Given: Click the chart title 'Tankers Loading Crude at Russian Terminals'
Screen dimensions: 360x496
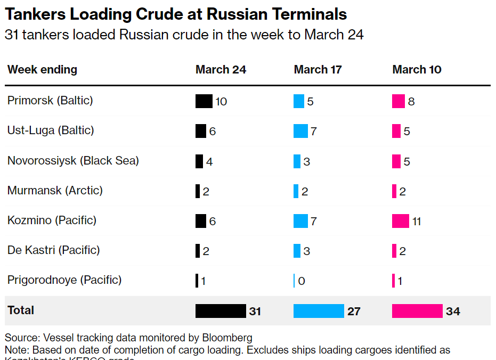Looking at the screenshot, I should pos(176,14).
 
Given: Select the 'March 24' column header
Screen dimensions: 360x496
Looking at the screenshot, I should pos(221,70).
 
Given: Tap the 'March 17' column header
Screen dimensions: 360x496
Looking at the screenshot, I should pos(318,70).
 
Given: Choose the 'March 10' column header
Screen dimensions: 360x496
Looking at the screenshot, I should pos(417,70).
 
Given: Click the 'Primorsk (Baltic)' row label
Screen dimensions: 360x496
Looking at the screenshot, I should pos(50,100).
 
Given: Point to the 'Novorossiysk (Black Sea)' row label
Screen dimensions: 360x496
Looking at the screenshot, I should pos(73,160).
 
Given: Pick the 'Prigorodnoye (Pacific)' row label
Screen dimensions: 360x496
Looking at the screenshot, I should pos(64,280).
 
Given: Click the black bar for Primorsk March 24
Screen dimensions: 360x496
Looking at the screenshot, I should pos(204,101).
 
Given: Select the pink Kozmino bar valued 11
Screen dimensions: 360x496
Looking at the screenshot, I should pos(400,220).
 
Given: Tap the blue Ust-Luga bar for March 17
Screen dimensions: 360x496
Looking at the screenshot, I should pos(300,131).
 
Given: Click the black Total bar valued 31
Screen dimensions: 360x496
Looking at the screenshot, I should pos(220,311).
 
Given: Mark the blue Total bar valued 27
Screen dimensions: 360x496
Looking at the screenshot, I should pos(319,311).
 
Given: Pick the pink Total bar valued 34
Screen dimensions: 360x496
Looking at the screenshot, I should pos(417,311).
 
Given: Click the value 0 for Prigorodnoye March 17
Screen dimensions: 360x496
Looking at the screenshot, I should pos(302,281).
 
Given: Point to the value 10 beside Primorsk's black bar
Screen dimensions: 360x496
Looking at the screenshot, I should pos(221,101).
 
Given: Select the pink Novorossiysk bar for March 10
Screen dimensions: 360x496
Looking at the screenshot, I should pos(396,161).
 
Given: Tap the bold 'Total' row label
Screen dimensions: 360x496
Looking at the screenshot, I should pos(21,310).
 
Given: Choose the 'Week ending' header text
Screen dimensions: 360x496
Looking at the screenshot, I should pos(42,70).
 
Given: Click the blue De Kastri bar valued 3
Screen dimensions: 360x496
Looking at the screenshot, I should pos(297,250).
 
